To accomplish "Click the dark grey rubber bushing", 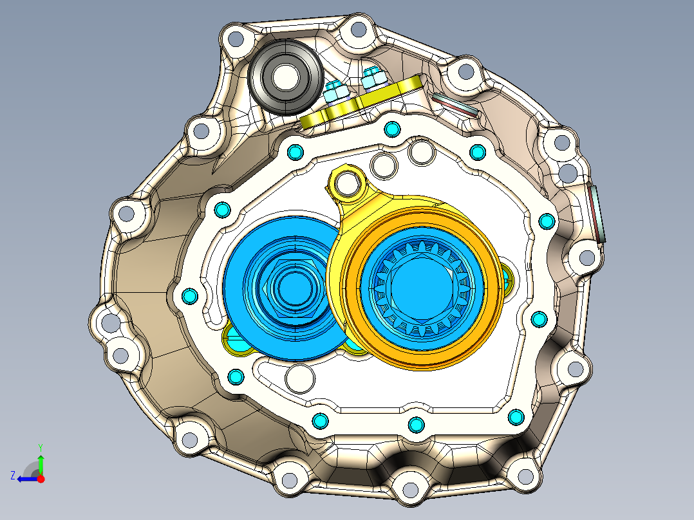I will coord(285,77).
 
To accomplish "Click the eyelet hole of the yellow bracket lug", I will coord(348,184).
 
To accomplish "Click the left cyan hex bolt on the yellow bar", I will coord(334,91).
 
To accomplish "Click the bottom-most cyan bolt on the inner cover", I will coord(416,425).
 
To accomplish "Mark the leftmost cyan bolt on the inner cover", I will coord(189,296).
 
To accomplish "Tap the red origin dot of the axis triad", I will coord(41,479).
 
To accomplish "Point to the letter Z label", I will coord(13,476).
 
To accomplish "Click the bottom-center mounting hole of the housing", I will coord(409,492).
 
